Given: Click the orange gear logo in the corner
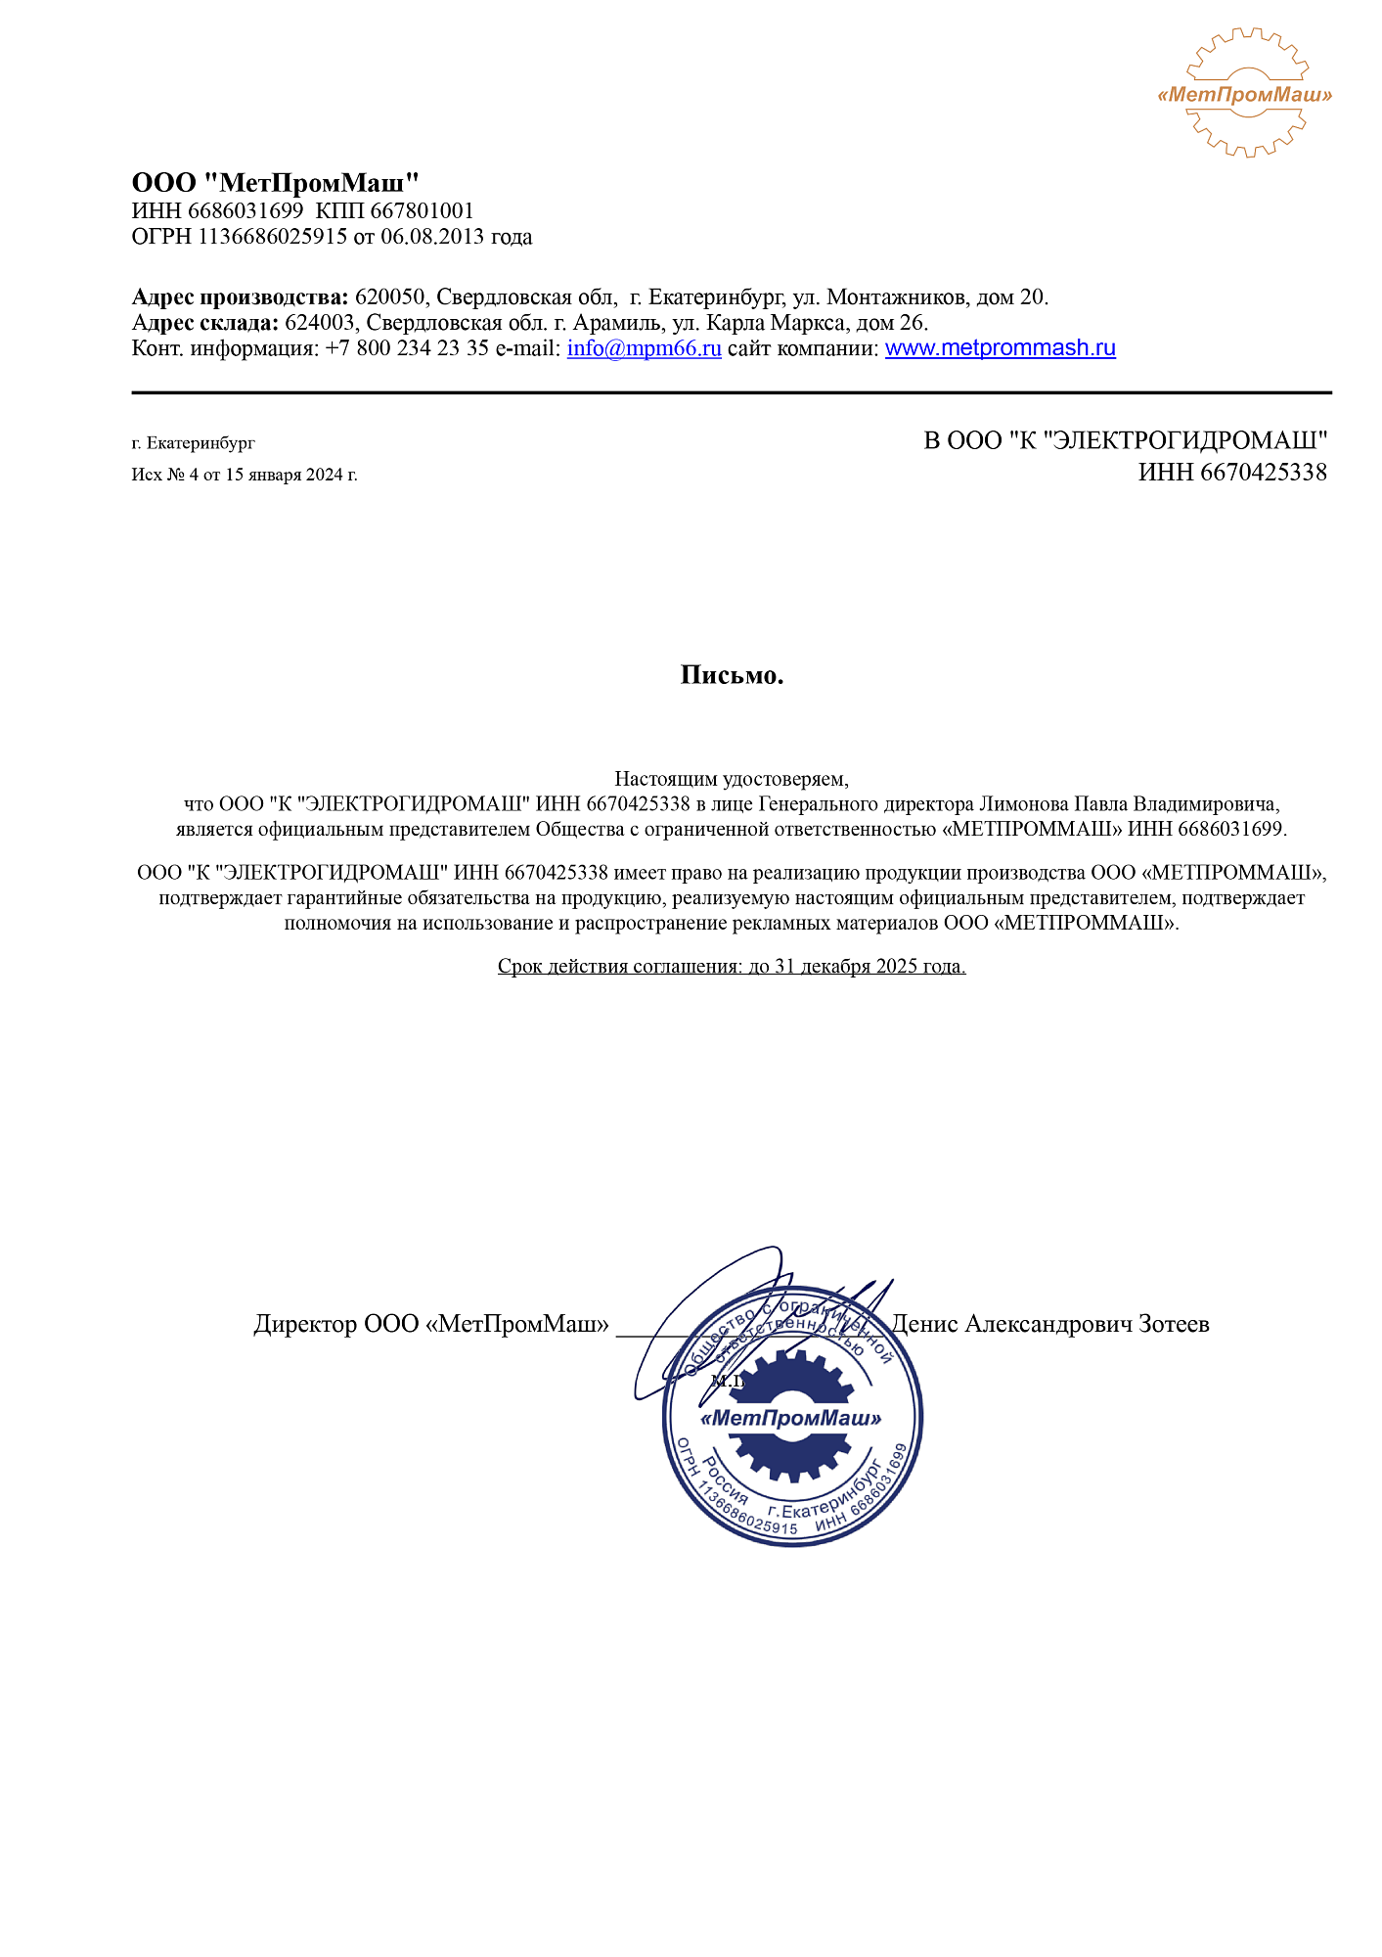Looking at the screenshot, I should [x=1244, y=93].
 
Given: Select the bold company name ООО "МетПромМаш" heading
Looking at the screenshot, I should [x=275, y=183].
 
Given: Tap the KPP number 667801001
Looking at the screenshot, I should [x=422, y=211].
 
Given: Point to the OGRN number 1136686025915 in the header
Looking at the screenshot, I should [x=272, y=237].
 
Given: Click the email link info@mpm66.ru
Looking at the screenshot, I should [x=644, y=348].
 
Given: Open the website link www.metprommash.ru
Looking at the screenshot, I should [x=1000, y=348].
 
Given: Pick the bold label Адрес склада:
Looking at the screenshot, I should [x=205, y=323].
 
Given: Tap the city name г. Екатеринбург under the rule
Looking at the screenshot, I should [x=193, y=443].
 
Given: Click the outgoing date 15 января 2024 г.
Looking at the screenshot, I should [x=290, y=476].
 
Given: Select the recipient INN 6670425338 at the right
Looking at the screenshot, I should [x=1231, y=474].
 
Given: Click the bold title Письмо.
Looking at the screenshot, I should [x=732, y=675].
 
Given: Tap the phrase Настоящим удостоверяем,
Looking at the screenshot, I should [x=732, y=779].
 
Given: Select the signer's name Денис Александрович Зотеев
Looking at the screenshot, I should [x=1050, y=1324].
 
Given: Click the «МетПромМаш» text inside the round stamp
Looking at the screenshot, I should [x=791, y=1418].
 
